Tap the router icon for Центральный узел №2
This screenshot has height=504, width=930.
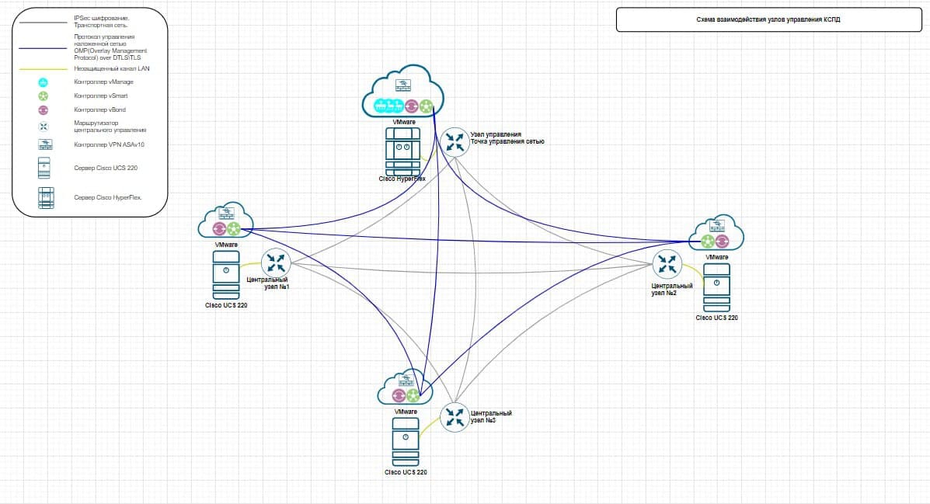666,264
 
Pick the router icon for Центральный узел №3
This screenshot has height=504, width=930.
454,417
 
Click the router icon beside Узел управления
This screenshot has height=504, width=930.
454,142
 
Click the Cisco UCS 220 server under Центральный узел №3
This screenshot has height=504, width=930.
406,443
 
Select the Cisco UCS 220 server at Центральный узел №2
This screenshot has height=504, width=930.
716,287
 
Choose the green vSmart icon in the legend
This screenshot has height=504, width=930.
44,96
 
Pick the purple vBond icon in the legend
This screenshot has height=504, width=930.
44,110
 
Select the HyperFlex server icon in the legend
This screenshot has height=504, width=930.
44,197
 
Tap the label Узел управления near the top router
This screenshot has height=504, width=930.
495,134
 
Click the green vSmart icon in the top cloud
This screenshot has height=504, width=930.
427,106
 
